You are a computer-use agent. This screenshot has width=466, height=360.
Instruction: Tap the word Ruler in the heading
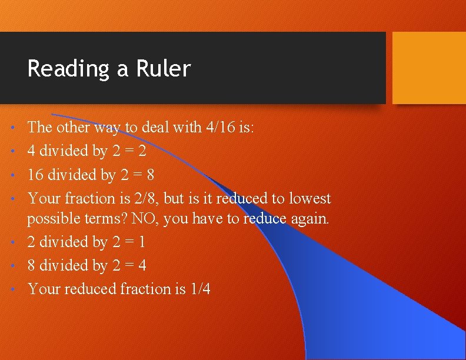point(163,69)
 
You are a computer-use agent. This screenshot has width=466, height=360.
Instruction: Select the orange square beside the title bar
point(428,68)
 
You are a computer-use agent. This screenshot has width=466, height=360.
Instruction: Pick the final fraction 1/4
point(200,289)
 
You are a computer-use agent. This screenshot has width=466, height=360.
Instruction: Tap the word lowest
point(308,199)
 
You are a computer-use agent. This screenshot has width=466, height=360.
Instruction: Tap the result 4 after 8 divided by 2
point(142,266)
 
